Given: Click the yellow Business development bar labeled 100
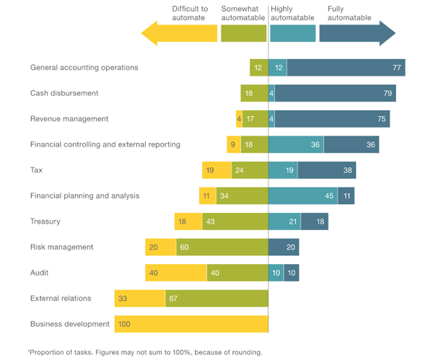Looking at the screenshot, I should click(x=191, y=324).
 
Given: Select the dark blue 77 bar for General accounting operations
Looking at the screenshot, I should click(x=346, y=68).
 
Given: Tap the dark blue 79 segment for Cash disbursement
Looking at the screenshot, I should click(x=335, y=93).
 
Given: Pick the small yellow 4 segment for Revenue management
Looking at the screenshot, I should click(x=239, y=119).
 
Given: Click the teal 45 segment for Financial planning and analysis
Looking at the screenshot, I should click(x=302, y=196).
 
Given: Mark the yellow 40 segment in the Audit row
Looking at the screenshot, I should click(x=175, y=273).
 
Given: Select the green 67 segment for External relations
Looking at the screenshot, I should click(x=216, y=299).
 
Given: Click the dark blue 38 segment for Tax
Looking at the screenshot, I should click(x=325, y=170).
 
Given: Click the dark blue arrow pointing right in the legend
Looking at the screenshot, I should click(x=357, y=33).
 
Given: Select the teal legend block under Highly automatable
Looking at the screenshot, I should click(x=292, y=33).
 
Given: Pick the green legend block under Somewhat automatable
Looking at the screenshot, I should click(x=243, y=33).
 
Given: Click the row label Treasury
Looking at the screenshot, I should click(x=45, y=221).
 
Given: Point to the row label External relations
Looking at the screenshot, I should click(x=62, y=298).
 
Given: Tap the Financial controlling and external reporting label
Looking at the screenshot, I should click(x=105, y=144).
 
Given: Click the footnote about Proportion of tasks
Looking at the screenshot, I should click(x=145, y=353).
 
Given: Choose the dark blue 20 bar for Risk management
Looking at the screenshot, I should click(x=284, y=247).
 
